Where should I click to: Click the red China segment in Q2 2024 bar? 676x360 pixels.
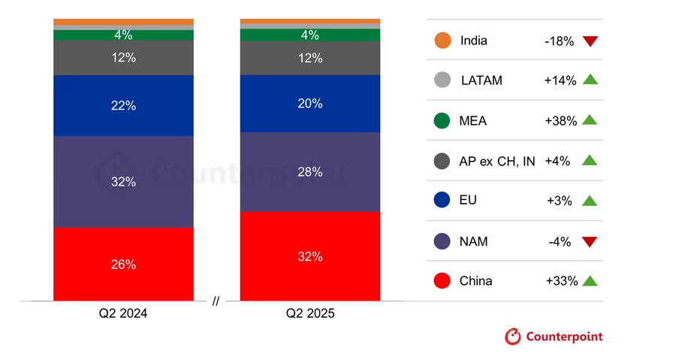coord(123,265)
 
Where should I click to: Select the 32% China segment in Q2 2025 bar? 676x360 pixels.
coord(309,256)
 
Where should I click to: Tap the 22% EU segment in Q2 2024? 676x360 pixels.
coord(123,106)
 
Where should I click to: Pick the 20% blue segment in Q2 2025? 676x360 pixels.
coord(309,104)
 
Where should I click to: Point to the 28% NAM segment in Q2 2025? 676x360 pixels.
coord(309,172)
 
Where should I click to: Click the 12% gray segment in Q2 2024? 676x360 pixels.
coord(123,58)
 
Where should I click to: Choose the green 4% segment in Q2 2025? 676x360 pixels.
coord(309,35)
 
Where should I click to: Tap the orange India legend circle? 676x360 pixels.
coord(442,41)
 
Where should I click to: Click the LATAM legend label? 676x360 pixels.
coord(481,80)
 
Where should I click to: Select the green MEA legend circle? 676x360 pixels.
coord(442,120)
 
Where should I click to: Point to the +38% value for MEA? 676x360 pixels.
coord(560,120)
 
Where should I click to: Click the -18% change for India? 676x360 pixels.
coord(559,41)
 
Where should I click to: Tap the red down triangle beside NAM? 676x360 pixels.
coord(590,242)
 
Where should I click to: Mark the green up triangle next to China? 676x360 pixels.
coord(590,281)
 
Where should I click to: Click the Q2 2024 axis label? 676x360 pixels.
coord(122,313)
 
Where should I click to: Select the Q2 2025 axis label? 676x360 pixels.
coord(309,313)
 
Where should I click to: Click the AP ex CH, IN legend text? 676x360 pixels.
coord(496,161)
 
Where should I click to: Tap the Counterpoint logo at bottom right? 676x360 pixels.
coord(554,336)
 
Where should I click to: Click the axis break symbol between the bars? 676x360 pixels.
coord(216,301)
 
